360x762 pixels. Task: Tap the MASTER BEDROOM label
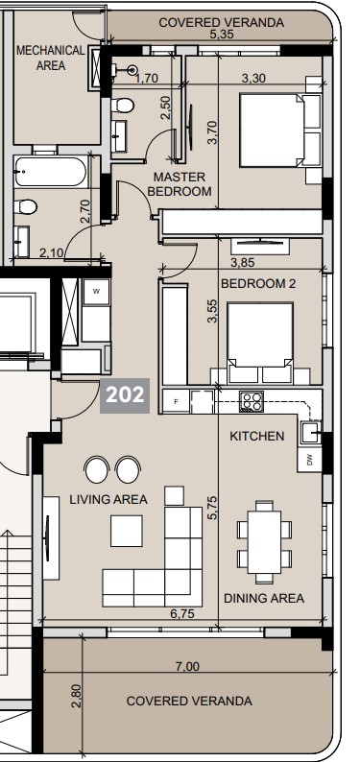[180, 184]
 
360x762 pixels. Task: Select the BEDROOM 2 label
[258, 283]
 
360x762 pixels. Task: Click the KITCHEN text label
[256, 436]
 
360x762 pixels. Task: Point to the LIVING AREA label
[108, 499]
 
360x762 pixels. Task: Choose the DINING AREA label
[263, 598]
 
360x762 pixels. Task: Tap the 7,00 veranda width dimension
[188, 666]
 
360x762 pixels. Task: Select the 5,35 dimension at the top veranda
[222, 34]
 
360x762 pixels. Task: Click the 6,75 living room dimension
[183, 612]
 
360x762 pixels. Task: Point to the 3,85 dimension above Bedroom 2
[244, 261]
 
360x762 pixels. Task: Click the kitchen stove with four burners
[252, 402]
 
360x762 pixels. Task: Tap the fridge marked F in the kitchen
[177, 402]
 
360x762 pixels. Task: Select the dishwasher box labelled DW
[309, 460]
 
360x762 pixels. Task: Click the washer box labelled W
[96, 289]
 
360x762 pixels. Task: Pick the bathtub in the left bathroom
[50, 175]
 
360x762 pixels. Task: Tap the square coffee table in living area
[127, 531]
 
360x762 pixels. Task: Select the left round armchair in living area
[96, 469]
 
